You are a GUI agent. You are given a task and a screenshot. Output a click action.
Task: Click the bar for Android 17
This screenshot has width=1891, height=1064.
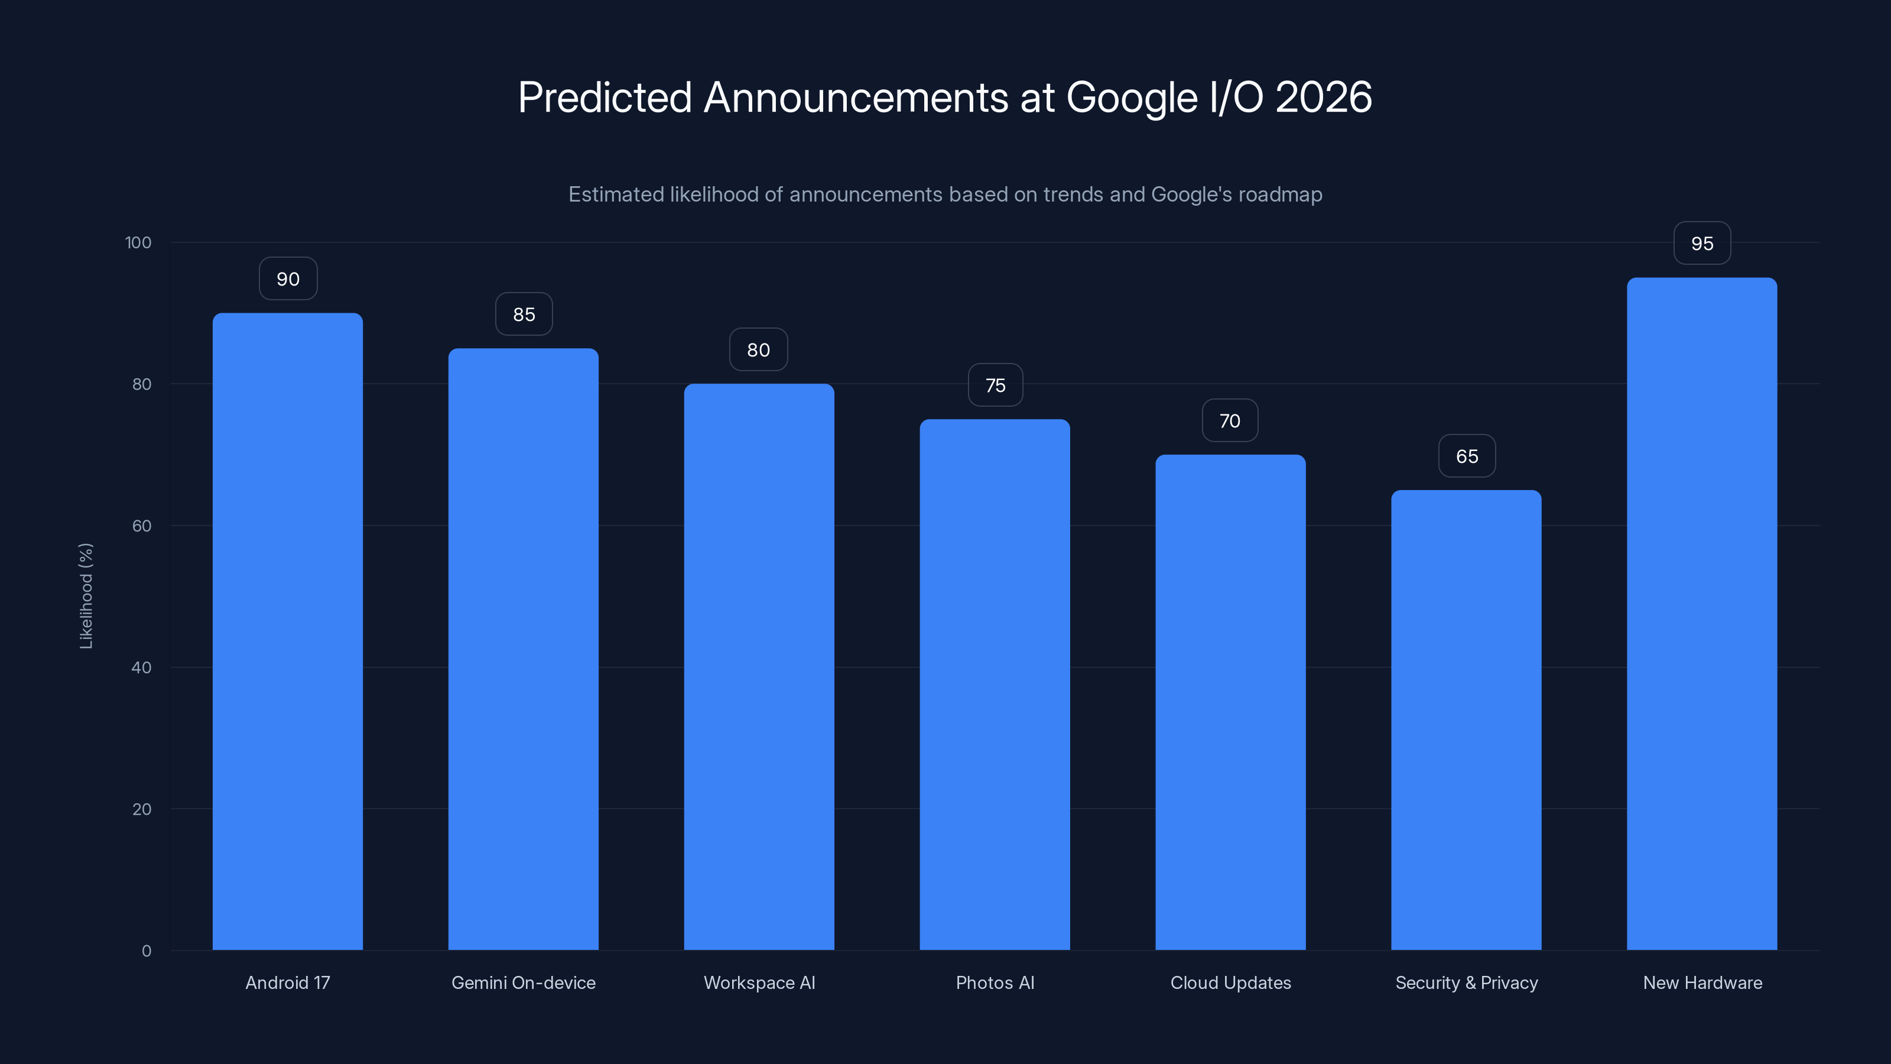pyautogui.click(x=288, y=631)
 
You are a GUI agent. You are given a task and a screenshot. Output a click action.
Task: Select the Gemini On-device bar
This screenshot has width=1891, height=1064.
pyautogui.click(x=524, y=649)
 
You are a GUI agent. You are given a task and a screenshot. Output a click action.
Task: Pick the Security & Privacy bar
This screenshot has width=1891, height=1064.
pyautogui.click(x=1466, y=719)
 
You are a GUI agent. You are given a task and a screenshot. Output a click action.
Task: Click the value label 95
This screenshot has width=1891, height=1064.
pyautogui.click(x=1702, y=243)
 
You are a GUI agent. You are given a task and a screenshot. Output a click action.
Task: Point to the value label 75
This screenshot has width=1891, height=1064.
pyautogui.click(x=995, y=385)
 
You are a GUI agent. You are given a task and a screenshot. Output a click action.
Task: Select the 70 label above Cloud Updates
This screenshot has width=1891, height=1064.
pyautogui.click(x=1230, y=420)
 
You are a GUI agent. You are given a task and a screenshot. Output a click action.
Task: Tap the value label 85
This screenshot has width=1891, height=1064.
pyautogui.click(x=524, y=314)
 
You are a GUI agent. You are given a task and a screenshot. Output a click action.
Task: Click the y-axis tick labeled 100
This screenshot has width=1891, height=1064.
pyautogui.click(x=138, y=242)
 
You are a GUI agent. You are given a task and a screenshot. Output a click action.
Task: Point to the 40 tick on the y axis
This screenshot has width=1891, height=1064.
pyautogui.click(x=142, y=667)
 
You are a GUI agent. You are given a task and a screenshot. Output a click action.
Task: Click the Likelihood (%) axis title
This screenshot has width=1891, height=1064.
pyautogui.click(x=86, y=595)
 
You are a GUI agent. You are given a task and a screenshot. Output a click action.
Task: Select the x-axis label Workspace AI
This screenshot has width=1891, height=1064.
pyautogui.click(x=759, y=982)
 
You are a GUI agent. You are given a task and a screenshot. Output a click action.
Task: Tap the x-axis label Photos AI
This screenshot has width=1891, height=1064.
pyautogui.click(x=995, y=982)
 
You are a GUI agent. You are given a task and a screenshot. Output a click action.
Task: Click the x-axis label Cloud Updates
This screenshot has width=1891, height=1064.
pyautogui.click(x=1230, y=982)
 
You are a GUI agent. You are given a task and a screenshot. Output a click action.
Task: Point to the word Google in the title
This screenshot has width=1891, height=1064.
pyautogui.click(x=1131, y=98)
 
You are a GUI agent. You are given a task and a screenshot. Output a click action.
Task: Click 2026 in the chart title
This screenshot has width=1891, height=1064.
pyautogui.click(x=1323, y=98)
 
